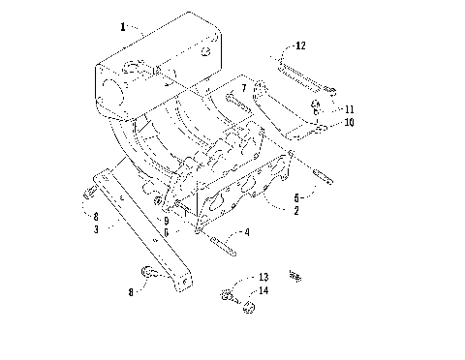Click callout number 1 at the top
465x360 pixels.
[x=122, y=28]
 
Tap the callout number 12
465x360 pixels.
[x=300, y=45]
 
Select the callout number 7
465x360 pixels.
[x=244, y=88]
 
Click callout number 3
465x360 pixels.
[x=97, y=229]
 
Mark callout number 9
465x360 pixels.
[x=167, y=221]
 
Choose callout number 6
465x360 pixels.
[x=167, y=232]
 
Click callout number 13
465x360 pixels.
[x=263, y=278]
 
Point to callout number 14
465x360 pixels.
[x=263, y=289]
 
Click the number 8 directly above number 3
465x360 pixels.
[x=97, y=218]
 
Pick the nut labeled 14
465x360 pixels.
[x=248, y=308]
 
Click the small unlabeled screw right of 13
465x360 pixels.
[x=297, y=277]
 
